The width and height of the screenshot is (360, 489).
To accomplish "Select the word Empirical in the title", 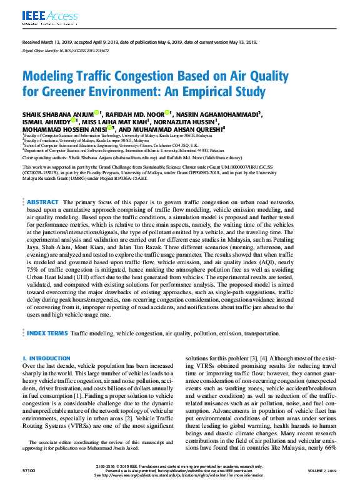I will (x=204, y=94).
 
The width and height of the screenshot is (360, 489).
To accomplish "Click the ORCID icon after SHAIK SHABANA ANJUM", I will (x=97, y=113).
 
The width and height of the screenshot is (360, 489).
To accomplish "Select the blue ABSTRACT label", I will (x=43, y=185).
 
